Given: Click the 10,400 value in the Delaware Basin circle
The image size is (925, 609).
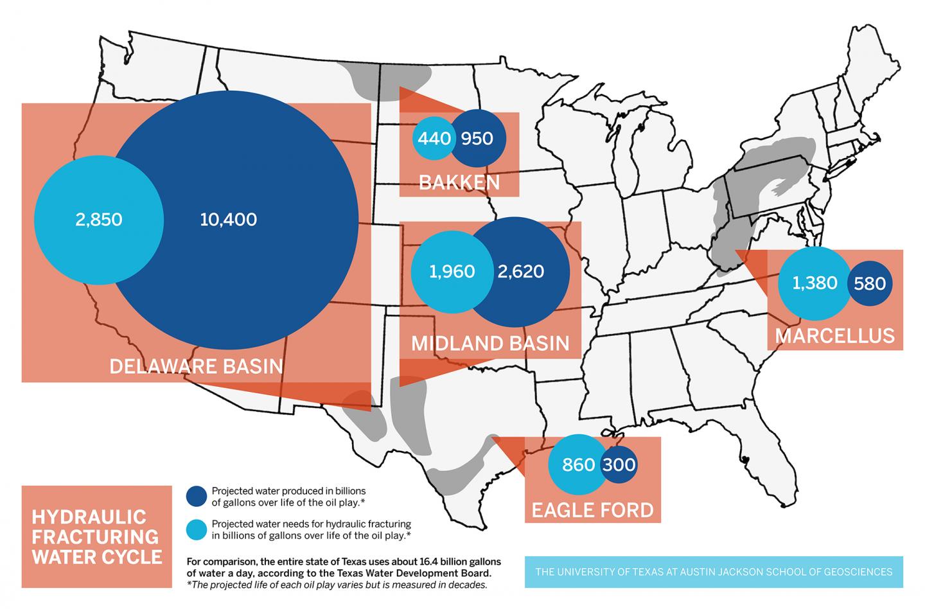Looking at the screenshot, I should pos(229,220).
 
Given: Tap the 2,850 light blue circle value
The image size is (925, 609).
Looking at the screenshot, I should pos(98,220).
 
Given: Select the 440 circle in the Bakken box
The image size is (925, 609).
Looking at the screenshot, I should pos(435,138).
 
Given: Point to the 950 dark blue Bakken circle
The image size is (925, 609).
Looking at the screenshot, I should pos(477,138).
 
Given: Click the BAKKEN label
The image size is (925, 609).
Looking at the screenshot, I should pos(459,182).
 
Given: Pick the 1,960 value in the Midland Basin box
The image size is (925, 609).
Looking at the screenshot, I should pos(452,271).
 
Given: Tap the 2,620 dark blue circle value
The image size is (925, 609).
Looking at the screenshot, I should pos(520,271).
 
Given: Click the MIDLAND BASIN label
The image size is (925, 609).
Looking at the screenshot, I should pos(490,343).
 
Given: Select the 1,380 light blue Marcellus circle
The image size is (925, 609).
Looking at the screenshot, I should pos(814,283).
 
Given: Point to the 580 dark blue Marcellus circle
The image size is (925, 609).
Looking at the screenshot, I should pos(870,283).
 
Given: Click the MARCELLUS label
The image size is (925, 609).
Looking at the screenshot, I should pos(834,335).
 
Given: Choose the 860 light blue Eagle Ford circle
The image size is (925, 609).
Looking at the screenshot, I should pos(578,464).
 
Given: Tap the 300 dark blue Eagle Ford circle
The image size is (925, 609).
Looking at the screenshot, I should pos(619,464).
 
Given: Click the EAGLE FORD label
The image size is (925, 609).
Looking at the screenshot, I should pos(592,510).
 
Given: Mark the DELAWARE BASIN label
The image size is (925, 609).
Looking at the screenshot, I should pos(196,366).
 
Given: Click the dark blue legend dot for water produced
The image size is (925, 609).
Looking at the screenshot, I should pos(197,496).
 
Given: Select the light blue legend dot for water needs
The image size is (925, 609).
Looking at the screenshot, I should pos(197,529).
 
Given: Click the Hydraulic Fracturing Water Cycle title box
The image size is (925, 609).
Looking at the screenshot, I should pos(96,536).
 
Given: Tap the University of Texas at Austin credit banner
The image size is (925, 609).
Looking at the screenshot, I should pos(713,572).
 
